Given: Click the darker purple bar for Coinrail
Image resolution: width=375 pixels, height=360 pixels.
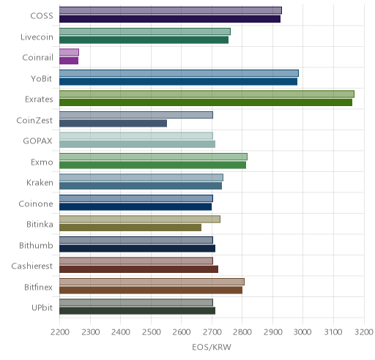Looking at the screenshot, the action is [69, 61].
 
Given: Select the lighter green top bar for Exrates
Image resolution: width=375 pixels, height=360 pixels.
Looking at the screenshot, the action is [207, 94].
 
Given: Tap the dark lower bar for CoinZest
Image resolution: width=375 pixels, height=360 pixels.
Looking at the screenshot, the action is [113, 123].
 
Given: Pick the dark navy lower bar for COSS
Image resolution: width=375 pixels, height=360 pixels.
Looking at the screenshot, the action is [170, 19].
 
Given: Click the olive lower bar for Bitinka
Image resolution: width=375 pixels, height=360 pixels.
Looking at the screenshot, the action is [130, 228].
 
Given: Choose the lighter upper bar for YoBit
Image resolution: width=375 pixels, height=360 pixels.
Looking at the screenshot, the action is [179, 73].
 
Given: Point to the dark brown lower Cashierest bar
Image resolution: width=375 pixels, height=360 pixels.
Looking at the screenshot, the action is [138, 269].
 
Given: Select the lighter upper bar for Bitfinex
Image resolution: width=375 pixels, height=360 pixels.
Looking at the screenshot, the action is [152, 282].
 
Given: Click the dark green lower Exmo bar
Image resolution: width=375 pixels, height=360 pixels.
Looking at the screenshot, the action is [152, 165].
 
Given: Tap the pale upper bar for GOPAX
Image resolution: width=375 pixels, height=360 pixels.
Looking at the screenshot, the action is [136, 136].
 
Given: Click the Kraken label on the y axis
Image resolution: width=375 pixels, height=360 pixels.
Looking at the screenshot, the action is [40, 183].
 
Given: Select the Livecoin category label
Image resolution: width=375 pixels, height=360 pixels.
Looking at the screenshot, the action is [37, 37].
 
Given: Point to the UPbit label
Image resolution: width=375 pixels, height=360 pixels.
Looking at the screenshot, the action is [42, 308].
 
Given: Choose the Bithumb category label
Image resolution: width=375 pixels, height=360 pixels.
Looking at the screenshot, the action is [36, 245].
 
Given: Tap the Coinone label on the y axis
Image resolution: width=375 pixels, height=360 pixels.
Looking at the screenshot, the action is [36, 203].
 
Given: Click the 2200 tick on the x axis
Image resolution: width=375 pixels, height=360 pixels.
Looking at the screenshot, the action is [60, 332].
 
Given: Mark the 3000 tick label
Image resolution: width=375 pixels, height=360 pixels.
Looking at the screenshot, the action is [302, 332].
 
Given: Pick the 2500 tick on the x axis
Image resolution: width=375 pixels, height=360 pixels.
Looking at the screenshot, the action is [151, 332].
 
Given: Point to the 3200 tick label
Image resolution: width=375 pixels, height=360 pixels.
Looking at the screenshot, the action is [364, 332].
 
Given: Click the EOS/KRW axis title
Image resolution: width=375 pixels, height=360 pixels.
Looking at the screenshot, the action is [212, 347].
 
